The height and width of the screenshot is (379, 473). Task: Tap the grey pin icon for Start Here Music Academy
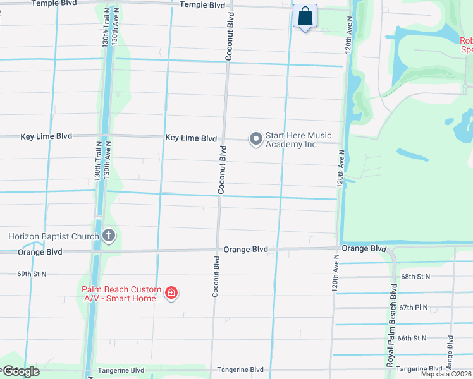click(255, 139)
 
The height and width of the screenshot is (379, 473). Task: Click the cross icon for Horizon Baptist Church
click(108, 236)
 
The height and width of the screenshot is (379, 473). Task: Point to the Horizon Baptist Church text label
click(53, 236)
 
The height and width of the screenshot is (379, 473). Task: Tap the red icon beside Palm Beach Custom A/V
click(171, 292)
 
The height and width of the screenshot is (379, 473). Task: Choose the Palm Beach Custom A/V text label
click(121, 294)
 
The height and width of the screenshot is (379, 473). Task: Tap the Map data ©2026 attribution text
click(446, 374)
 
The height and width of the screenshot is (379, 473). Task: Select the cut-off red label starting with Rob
click(466, 44)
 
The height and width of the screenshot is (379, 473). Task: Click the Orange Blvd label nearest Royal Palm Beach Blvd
click(364, 248)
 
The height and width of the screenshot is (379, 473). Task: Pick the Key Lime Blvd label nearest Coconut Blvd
click(190, 138)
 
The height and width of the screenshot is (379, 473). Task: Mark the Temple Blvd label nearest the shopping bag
click(202, 4)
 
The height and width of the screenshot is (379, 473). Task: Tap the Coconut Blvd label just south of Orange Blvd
click(216, 276)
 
